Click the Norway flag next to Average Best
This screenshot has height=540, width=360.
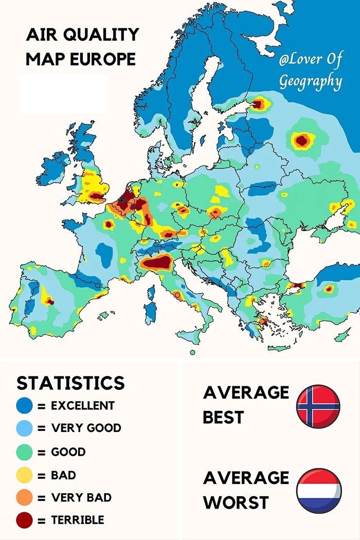pos(318,406)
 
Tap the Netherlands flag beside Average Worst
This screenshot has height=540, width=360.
pos(319,490)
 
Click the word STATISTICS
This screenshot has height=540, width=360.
pos(70,383)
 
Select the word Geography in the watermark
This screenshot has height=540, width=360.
pos(310,81)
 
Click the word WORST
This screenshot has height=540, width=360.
pos(236,502)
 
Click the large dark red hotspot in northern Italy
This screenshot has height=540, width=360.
pos(157,263)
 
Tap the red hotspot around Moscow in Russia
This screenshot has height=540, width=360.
pos(302,139)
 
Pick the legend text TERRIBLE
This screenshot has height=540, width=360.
pos(77,520)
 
